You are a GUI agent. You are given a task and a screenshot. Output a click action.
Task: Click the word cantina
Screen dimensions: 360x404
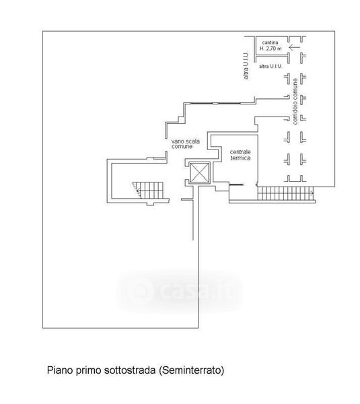(270, 42)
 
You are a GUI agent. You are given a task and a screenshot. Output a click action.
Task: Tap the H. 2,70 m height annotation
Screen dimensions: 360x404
(271, 48)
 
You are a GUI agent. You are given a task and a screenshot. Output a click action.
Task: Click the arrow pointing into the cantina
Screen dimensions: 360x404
(295, 47)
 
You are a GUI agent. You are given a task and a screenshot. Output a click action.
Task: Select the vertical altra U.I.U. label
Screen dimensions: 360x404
(246, 65)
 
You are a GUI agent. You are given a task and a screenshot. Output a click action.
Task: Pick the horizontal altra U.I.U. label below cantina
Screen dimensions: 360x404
(271, 66)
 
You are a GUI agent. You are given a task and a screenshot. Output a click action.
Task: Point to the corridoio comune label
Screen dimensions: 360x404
(295, 102)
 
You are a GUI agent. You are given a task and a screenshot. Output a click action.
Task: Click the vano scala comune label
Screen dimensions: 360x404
(186, 144)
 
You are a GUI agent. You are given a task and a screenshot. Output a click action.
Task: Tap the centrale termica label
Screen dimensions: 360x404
(240, 155)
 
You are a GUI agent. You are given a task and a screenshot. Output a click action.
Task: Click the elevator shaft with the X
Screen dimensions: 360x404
(200, 173)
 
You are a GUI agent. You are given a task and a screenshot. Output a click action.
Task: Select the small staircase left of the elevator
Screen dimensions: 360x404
(147, 190)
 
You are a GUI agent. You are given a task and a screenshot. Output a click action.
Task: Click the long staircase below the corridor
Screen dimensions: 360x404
(285, 193)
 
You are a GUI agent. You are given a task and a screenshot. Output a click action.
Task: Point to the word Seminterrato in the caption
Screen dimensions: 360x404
(191, 370)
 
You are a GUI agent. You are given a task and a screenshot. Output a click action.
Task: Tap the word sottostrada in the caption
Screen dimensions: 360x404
(130, 370)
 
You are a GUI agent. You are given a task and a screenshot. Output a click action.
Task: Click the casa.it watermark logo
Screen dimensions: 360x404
(180, 291)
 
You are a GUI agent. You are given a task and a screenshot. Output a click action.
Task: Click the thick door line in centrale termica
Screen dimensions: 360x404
(236, 184)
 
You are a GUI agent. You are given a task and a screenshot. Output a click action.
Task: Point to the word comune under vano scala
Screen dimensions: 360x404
(182, 147)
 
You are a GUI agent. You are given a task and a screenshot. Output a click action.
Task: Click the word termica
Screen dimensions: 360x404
(240, 158)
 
